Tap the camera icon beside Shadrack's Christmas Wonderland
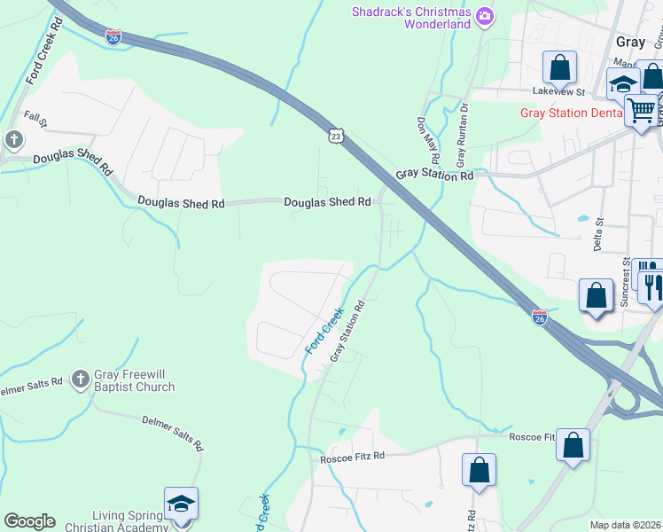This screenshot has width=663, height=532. click(484, 15)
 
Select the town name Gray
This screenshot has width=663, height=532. click(630, 42)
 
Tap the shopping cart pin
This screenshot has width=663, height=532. click(641, 111)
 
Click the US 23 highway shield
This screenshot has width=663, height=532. click(333, 135)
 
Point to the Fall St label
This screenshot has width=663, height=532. click(35, 116)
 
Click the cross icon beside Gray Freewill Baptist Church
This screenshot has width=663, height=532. click(80, 379)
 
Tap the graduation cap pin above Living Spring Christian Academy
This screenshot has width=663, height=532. click(181, 504)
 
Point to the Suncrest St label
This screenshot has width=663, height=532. click(625, 281)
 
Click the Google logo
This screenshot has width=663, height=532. click(29, 521)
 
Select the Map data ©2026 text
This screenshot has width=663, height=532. click(625, 525)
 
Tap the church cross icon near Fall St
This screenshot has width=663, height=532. click(13, 139)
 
